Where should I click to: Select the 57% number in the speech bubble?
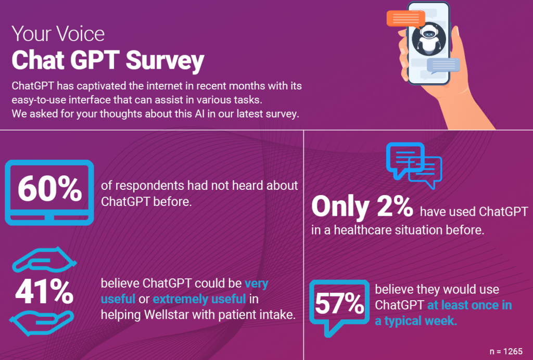point(340,305)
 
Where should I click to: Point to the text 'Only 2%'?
point(362,207)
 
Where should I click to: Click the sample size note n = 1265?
point(506,351)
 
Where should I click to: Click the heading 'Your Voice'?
point(58,34)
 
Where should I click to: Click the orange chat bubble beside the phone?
point(405,19)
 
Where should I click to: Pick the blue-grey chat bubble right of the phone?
point(443,65)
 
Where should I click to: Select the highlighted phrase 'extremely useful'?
point(199,299)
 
